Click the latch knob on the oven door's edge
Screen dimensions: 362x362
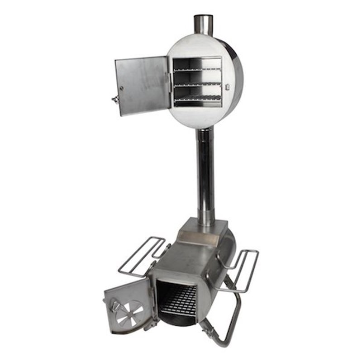click(116, 99)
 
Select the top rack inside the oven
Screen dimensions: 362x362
click(197, 69)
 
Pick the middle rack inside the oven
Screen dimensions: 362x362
click(197, 85)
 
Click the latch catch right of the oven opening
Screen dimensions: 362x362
click(228, 85)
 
